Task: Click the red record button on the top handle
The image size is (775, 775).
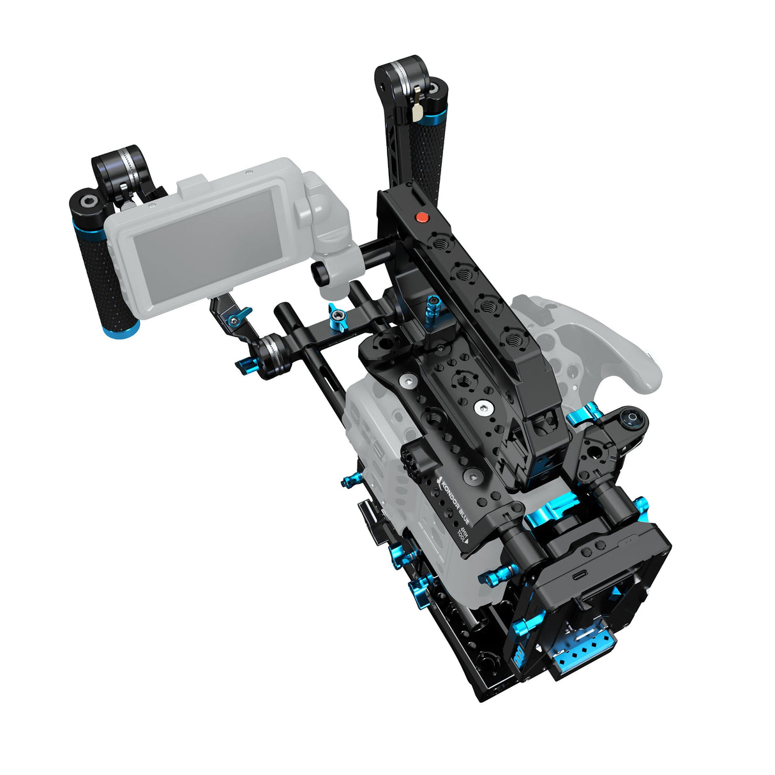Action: click(x=421, y=218)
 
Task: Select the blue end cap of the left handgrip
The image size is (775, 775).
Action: click(x=121, y=330)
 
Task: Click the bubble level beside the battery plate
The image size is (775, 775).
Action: click(x=633, y=420)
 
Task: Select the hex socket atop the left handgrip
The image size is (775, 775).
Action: click(x=86, y=204)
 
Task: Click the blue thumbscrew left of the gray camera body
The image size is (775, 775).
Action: click(x=350, y=480)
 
